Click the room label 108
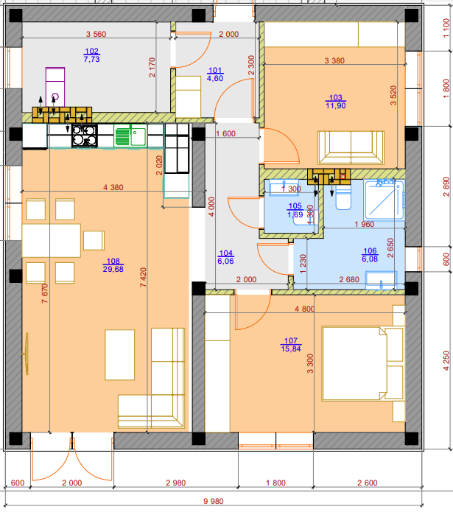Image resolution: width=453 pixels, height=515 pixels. pos(113,261)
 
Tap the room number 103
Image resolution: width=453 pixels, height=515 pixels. pos(335,97)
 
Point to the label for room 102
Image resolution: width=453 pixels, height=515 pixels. pos(91,51)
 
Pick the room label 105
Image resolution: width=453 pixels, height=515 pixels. pos(295,206)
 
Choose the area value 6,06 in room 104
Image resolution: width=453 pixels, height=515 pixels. pos(225,261)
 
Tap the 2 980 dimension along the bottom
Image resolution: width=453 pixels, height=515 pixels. pos(175,483)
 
